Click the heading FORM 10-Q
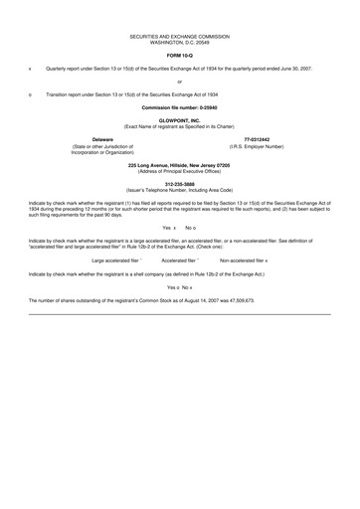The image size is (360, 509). [x=180, y=56]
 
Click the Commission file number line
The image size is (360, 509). [x=180, y=105]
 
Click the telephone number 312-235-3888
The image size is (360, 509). [x=180, y=184]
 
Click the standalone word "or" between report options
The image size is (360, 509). [x=180, y=82]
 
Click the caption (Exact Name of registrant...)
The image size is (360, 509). [x=180, y=126]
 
